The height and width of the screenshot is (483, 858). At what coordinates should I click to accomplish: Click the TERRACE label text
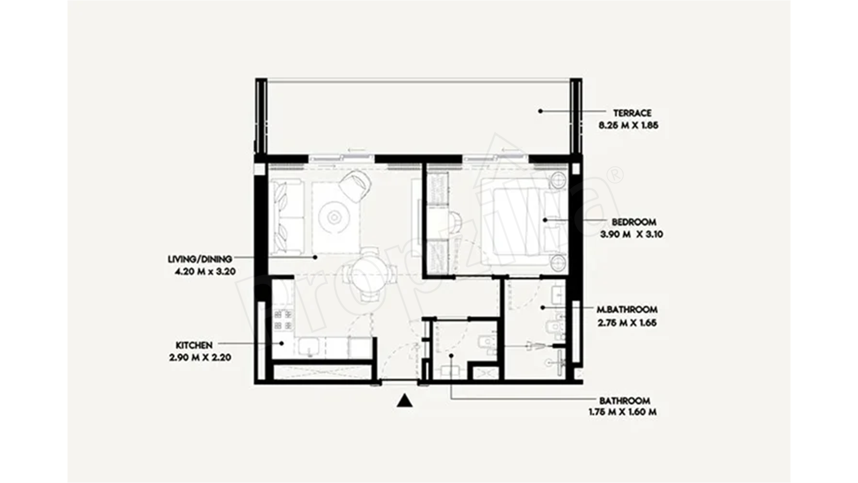(632, 113)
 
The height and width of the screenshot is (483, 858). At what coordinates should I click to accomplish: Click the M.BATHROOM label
(627, 310)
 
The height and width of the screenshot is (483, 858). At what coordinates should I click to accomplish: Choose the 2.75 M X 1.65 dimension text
(627, 323)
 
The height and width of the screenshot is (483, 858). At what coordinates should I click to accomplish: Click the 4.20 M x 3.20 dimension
(205, 271)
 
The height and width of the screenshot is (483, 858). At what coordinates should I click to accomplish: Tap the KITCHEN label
(194, 345)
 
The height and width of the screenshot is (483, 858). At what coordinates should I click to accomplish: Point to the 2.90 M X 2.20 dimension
(200, 357)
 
